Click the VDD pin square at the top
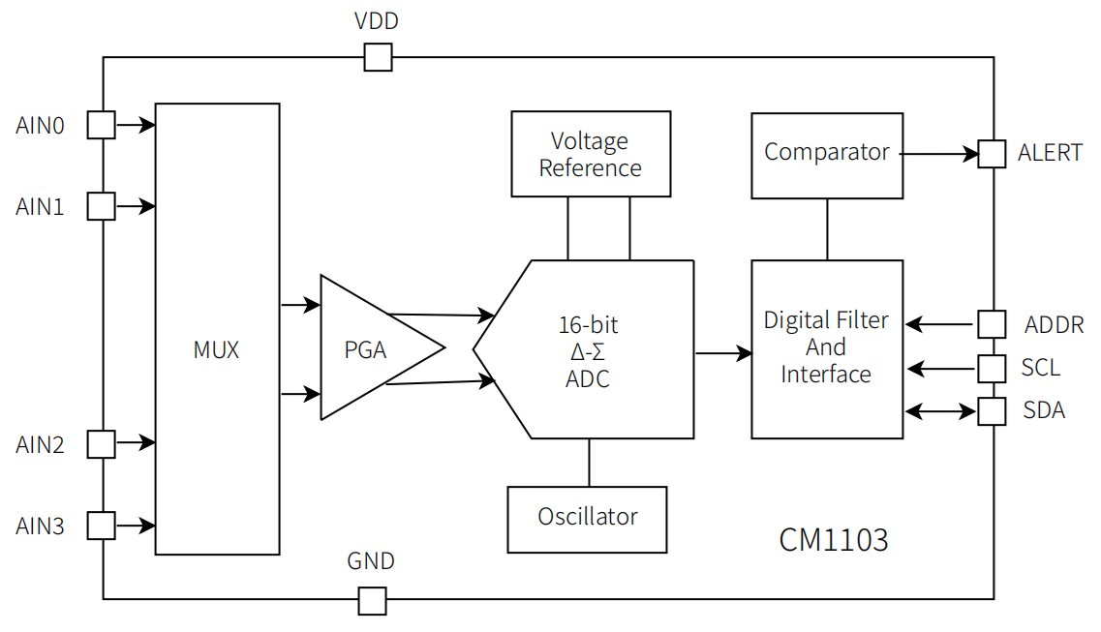pos(378,57)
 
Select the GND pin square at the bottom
pos(372,601)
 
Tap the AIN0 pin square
pos(102,125)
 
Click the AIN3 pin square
pos(102,526)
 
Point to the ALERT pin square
pos(992,154)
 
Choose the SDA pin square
pos(992,411)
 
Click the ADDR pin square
pos(992,324)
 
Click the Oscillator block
pos(587,519)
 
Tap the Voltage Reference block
pos(590,154)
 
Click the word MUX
pos(216,350)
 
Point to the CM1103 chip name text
pos(833,540)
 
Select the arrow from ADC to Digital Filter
pos(723,353)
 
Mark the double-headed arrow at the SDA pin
pos(940,411)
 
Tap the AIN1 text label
pos(40,207)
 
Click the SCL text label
pos(1040,368)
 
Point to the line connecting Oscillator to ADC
pos(589,463)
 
